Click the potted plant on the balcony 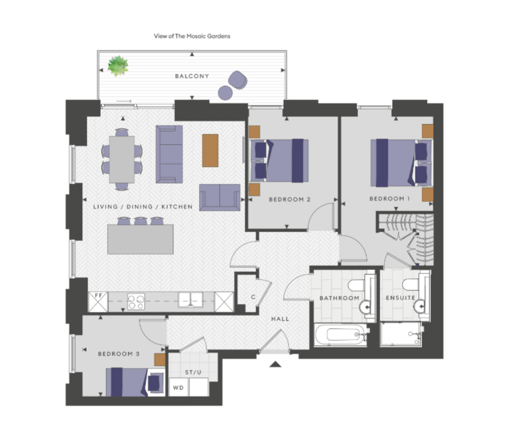coord(118,66)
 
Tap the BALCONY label coord(192,76)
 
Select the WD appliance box coord(178,388)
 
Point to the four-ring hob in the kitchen coord(136,301)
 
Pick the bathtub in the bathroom coord(341,334)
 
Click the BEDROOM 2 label coord(290,199)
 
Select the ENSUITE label coord(400,298)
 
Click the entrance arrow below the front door coord(276,364)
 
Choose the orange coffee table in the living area coord(210,150)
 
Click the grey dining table coord(122,159)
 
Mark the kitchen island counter coord(140,239)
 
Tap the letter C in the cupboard coord(253,297)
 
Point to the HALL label coord(280,318)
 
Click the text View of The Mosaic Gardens coord(192,36)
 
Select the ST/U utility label coord(193,372)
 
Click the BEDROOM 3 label coord(119,354)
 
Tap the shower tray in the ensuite coord(401,334)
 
